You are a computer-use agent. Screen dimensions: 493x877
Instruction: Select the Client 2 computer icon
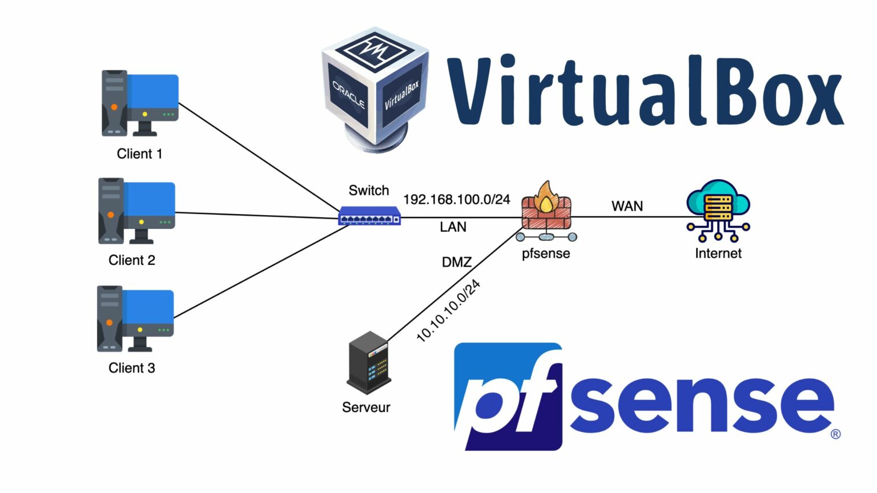tap(136, 211)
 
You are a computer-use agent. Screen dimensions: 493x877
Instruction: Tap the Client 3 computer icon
tap(135, 318)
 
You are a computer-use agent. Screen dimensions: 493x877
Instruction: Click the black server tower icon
tap(368, 363)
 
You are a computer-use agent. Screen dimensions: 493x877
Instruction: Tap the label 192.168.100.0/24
tap(457, 199)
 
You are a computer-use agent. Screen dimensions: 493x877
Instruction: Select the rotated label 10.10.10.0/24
tap(448, 311)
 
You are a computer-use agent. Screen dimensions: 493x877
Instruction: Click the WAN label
tap(627, 206)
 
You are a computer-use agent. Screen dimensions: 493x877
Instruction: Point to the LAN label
tap(453, 227)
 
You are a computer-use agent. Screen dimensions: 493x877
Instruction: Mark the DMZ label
tap(457, 262)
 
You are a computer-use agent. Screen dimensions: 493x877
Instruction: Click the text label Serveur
tap(366, 407)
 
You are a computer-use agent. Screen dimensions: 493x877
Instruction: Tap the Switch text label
tap(369, 191)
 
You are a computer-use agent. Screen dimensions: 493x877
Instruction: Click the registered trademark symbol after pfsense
tap(835, 434)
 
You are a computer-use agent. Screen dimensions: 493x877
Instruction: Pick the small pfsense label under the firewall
tap(546, 253)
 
